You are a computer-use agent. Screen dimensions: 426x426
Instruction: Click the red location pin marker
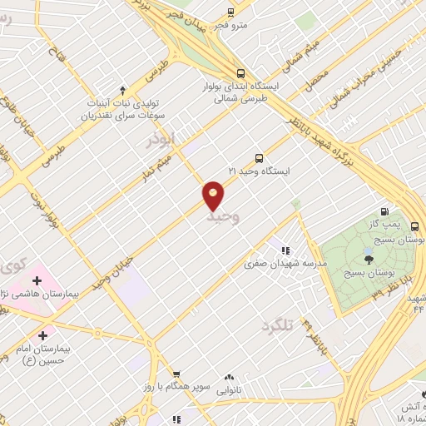214,195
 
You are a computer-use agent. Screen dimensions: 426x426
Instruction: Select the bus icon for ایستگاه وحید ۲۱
259,157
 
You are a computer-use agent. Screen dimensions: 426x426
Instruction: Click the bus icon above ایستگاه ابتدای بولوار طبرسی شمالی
240,72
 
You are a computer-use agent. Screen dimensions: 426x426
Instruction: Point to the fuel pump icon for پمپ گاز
384,211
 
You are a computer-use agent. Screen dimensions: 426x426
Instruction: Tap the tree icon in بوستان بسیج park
369,259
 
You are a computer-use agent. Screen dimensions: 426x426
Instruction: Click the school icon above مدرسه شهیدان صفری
285,250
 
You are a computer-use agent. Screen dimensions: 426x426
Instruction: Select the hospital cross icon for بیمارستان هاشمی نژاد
37,280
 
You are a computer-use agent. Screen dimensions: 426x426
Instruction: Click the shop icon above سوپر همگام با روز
173,375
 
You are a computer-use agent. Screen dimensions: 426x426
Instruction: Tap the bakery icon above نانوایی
229,377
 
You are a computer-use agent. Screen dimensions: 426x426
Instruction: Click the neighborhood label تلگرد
278,324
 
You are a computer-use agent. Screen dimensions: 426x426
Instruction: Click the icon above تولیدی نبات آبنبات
123,89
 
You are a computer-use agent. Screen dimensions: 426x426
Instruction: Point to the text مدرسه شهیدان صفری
285,264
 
